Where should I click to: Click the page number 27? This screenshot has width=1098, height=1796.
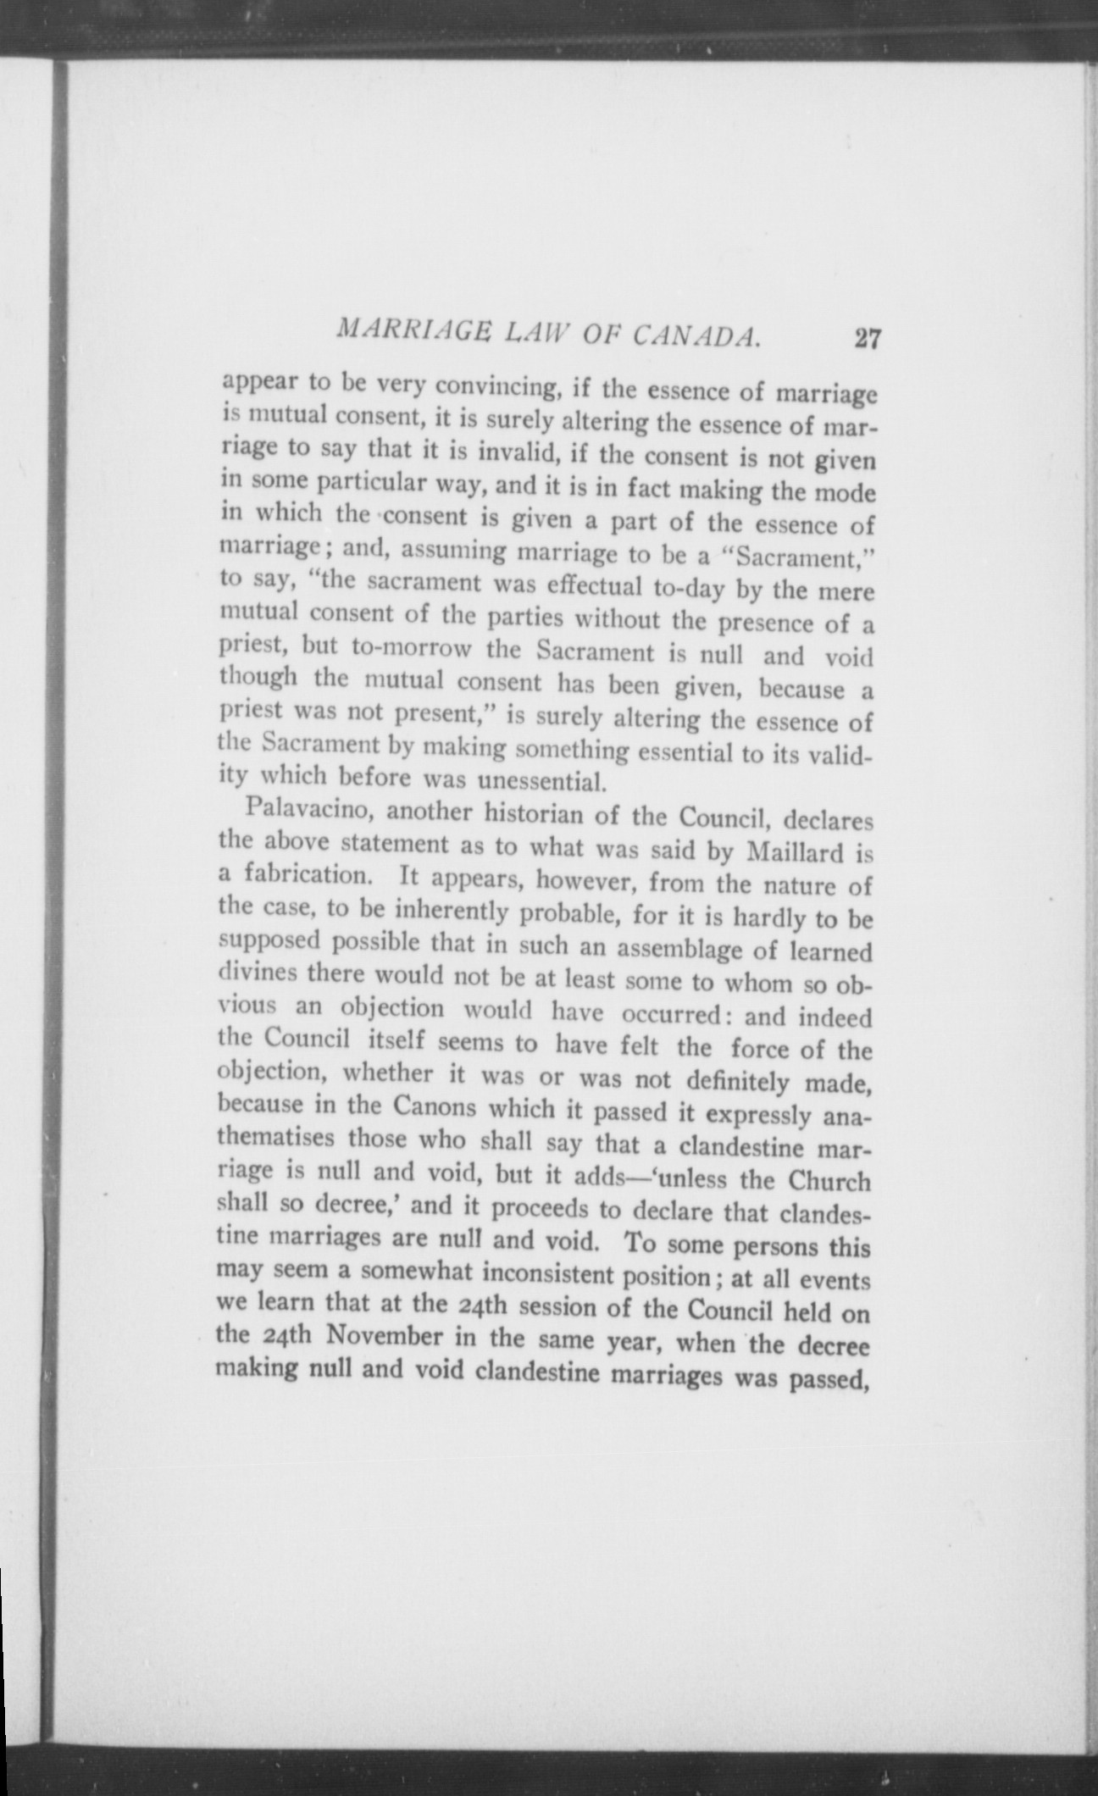[868, 340]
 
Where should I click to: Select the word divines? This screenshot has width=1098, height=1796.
[258, 972]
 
